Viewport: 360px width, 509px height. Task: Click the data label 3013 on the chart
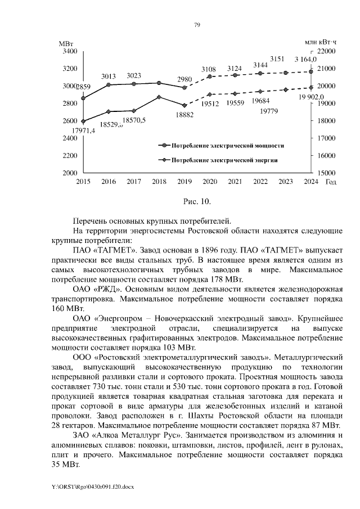(x=109, y=76)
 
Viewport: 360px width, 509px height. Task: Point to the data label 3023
(x=134, y=75)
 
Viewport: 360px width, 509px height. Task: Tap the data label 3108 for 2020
(x=209, y=69)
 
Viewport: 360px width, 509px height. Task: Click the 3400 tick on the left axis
(x=69, y=51)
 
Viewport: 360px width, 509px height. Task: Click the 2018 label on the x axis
(x=159, y=181)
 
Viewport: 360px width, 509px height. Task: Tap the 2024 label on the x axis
(x=309, y=181)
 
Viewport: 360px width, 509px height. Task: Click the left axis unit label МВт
(x=66, y=43)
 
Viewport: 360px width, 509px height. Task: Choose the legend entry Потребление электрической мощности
(x=227, y=145)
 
